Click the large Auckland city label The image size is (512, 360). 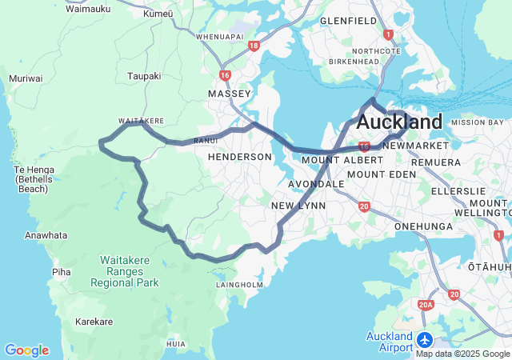coord(399,122)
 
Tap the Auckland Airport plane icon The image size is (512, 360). coord(424,340)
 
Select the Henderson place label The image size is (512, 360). coord(240,158)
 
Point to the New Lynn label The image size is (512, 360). coord(296,206)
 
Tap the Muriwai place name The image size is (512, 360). coord(20,78)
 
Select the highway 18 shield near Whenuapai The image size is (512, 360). coord(254,46)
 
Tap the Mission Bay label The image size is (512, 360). coord(478,122)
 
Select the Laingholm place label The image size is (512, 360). coord(239,284)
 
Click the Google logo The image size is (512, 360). coord(26,350)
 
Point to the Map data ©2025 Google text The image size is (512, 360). coord(462,354)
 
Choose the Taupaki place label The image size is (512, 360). coord(144,76)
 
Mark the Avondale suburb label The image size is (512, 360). coord(317,183)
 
